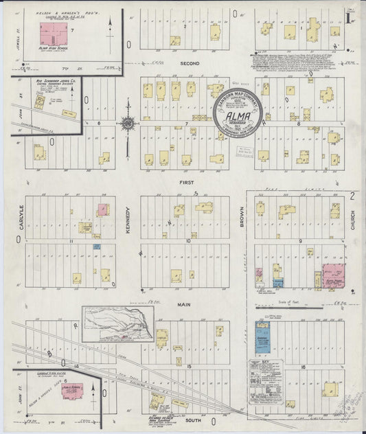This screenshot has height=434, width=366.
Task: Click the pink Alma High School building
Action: (x=49, y=32)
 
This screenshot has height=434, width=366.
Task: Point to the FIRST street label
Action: (x=186, y=183)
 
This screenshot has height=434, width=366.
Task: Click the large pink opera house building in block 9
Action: (x=334, y=273)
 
